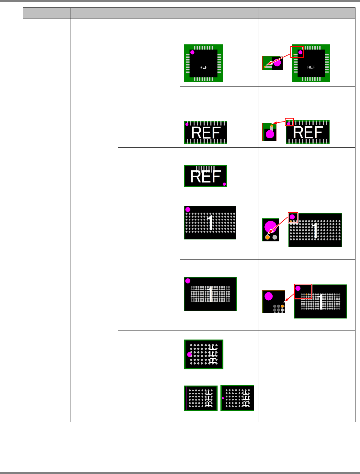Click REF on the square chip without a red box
[203, 67]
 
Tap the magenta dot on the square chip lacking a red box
[192, 52]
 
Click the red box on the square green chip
[297, 52]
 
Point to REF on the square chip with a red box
[311, 67]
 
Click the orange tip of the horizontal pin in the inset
[265, 67]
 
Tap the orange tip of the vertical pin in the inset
[272, 126]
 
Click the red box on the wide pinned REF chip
[289, 122]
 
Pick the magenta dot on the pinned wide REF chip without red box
[187, 124]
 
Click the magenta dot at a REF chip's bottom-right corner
[224, 184]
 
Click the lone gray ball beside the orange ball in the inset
[275, 237]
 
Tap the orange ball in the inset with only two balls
[267, 237]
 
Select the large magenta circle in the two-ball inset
[270, 226]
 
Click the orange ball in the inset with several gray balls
[282, 306]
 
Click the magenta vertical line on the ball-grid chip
[187, 398]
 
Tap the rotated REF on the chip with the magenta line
[209, 399]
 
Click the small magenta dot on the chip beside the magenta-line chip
[223, 398]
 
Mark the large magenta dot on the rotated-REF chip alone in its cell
[189, 354]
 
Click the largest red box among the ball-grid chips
[303, 291]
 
